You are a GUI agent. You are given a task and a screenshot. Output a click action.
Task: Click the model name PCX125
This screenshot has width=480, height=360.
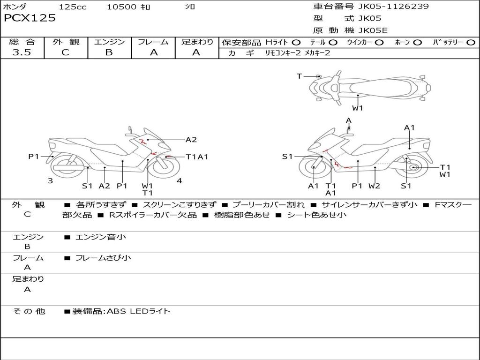point(30,18)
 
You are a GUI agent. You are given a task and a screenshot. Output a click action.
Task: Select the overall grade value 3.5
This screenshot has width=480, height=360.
point(22,52)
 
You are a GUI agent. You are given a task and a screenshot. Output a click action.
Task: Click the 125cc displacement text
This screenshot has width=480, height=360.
point(73,7)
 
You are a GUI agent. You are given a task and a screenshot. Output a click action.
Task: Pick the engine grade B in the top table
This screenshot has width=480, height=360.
point(109,52)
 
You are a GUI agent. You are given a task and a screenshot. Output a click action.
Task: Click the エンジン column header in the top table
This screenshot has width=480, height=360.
point(109,42)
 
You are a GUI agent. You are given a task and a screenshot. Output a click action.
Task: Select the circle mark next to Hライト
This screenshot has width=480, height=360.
point(296,42)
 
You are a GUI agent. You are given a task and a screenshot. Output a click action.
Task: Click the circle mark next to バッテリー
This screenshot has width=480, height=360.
point(471,42)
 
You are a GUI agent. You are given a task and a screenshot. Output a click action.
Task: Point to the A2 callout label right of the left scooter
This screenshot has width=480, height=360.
point(191,139)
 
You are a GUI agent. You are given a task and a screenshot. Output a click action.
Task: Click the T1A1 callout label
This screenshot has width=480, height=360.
point(197,157)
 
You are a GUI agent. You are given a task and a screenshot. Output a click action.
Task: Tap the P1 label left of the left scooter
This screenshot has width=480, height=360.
point(34,157)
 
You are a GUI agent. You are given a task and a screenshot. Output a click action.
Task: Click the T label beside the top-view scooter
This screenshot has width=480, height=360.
point(299,76)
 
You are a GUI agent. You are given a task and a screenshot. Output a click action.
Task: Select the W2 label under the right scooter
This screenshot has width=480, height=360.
point(374,186)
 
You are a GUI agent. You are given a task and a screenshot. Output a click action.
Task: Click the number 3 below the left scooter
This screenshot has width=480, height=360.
point(50,181)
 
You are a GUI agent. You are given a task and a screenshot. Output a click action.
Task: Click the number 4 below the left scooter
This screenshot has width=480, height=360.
point(180,181)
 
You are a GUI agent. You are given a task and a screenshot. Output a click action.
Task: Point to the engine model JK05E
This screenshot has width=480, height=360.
point(373,30)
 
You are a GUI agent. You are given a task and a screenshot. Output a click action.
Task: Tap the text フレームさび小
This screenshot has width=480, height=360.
point(103,258)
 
